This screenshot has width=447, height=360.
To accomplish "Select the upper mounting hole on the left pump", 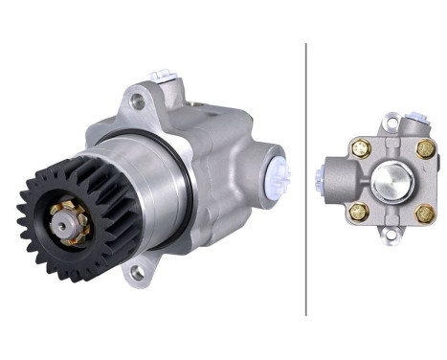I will pos(138,100).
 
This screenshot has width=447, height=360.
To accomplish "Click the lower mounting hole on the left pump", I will pos(138,273).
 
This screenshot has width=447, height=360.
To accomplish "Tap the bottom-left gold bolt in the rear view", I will pos(360,212).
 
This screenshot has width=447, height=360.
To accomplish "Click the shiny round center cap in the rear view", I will pos(391,180).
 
